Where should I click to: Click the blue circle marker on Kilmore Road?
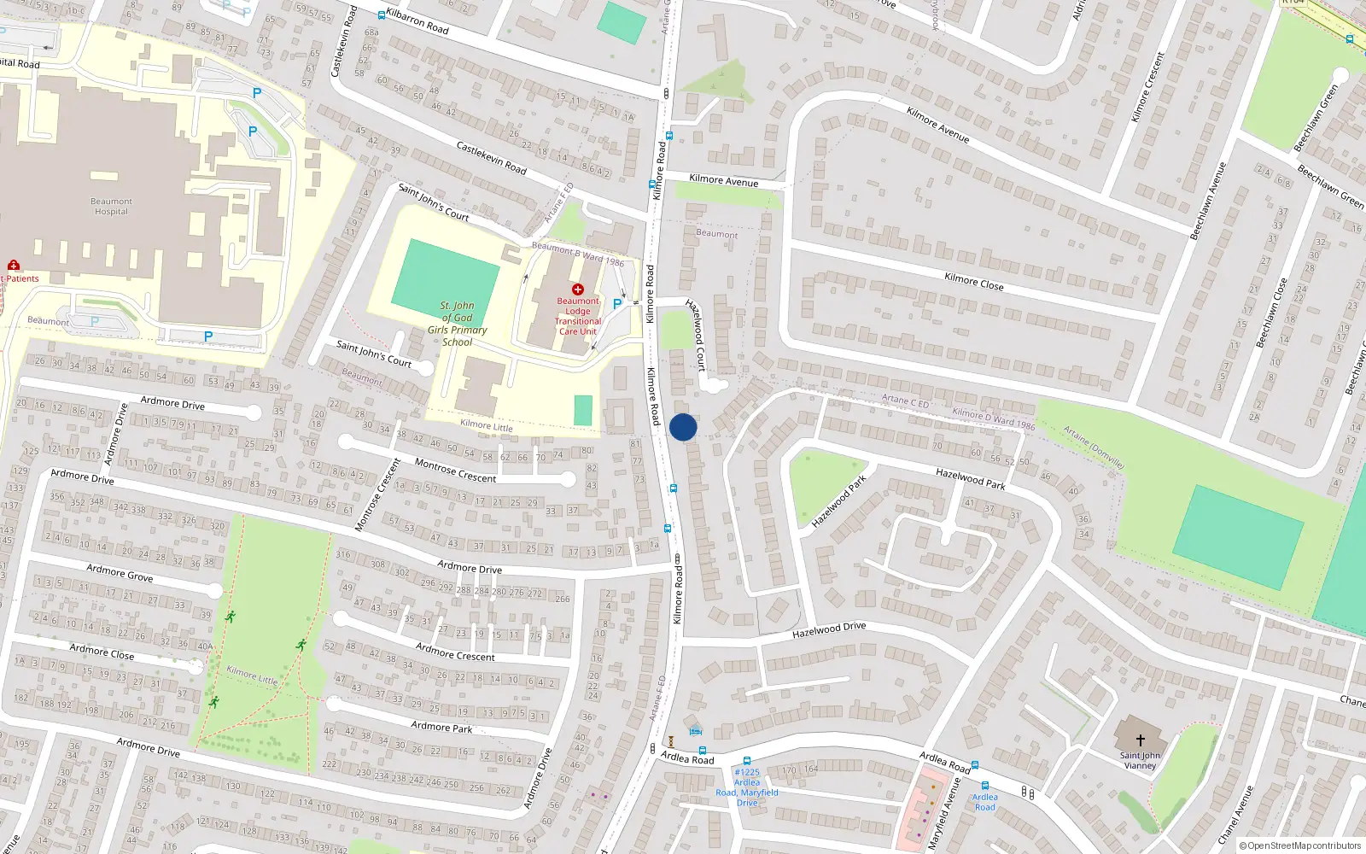coord(683,427)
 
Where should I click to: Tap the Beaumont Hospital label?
coord(111,207)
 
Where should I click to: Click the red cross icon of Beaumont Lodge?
coord(578,290)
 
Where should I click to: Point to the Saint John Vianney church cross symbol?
coord(1140,740)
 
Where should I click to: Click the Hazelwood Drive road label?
coord(828,630)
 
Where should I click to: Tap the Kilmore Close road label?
coord(973,281)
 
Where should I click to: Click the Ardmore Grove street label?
coord(120,573)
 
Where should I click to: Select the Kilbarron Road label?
coord(417,21)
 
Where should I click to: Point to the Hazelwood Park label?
coord(970,478)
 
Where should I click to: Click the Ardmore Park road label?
coord(441,727)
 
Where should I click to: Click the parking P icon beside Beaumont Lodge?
coord(617,303)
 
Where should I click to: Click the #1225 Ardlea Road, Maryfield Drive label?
coord(747,787)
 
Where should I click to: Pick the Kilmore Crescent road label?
coord(1147,87)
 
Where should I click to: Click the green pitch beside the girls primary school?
coord(445,273)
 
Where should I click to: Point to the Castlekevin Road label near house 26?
coord(491,158)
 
